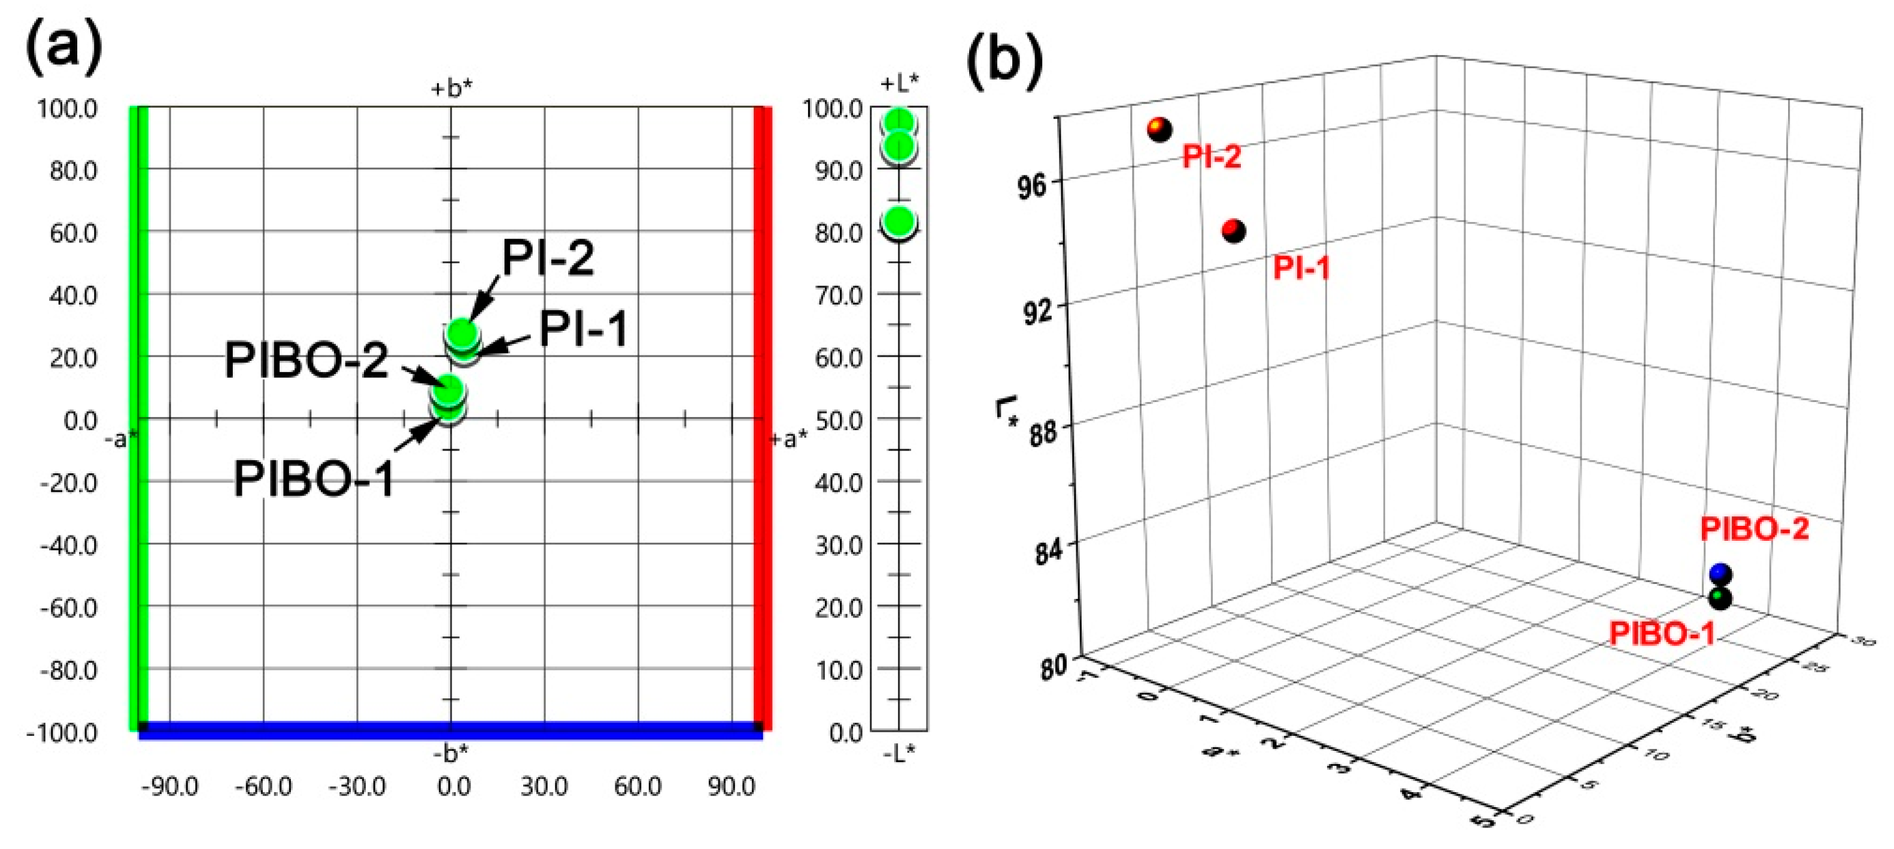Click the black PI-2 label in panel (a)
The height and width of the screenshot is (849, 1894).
[548, 258]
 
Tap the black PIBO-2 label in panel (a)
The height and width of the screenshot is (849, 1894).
[306, 361]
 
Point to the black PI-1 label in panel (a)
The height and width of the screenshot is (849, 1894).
[584, 328]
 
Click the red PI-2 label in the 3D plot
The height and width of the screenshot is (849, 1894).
[1212, 157]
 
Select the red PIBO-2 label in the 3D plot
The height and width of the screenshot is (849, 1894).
[1755, 530]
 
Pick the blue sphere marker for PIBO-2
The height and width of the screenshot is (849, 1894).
[1720, 573]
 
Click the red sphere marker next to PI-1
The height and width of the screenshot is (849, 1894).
[1234, 231]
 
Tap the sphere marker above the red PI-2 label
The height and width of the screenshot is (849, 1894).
[1160, 129]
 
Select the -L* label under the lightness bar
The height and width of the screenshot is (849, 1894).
[899, 752]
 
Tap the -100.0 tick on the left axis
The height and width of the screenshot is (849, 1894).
[62, 733]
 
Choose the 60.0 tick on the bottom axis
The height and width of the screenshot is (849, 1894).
[638, 787]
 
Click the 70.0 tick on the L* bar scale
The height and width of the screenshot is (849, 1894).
[838, 296]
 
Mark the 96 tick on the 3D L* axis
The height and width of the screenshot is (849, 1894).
[1031, 186]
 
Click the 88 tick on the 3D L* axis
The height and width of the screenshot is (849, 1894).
[1042, 433]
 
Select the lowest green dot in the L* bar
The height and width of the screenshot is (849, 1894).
[899, 221]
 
